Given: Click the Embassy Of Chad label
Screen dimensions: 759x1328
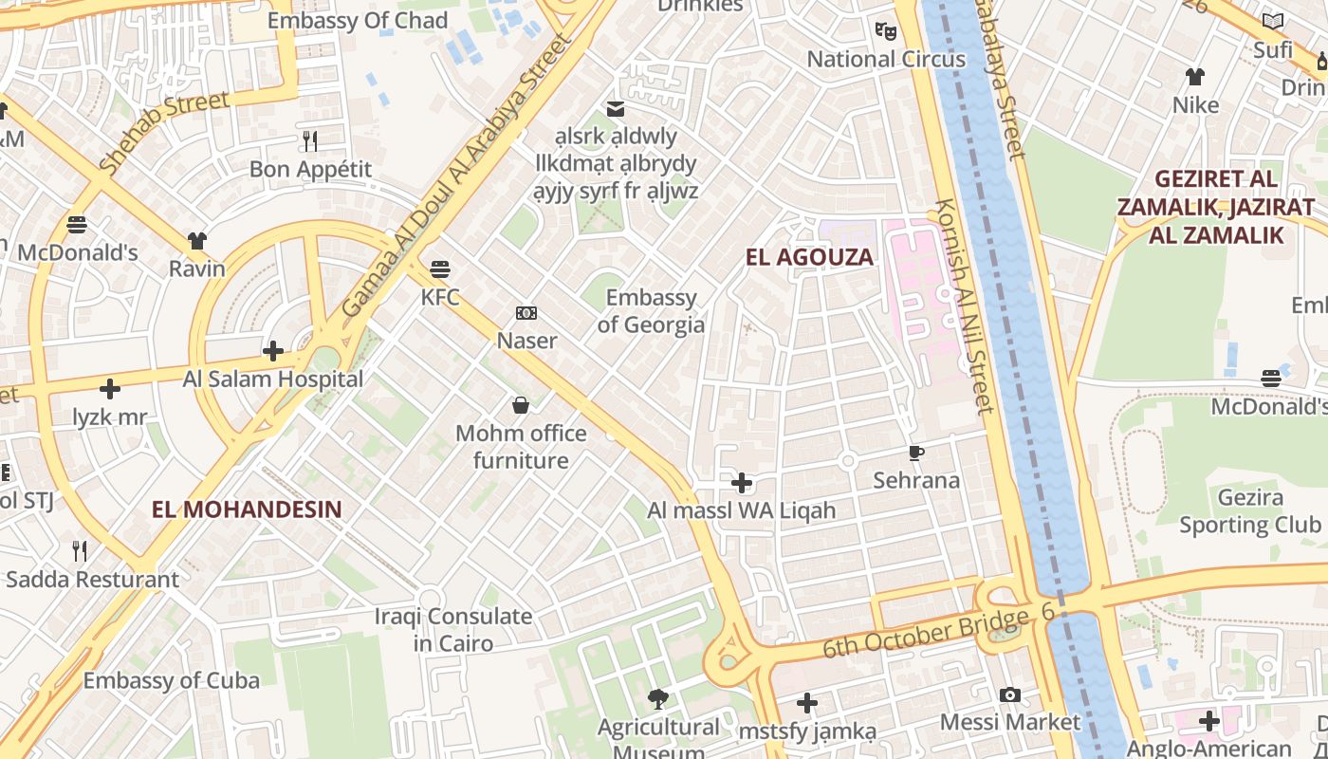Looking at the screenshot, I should click(x=358, y=21).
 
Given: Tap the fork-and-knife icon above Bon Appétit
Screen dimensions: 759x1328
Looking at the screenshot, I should click(x=310, y=141).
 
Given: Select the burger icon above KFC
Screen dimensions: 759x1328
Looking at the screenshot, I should click(x=440, y=269).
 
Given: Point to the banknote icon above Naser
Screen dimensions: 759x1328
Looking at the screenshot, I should click(x=526, y=313).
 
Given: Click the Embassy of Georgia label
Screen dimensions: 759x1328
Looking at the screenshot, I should click(x=651, y=311).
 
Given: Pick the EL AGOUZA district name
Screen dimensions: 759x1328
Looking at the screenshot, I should click(x=809, y=257).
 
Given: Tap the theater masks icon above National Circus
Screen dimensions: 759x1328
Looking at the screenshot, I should click(x=886, y=31).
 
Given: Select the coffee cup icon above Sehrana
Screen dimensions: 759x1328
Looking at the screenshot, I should click(x=916, y=453).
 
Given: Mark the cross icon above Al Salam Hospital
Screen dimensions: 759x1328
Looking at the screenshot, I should click(x=273, y=351).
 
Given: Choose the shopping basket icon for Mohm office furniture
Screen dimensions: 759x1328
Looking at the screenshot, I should click(x=521, y=406).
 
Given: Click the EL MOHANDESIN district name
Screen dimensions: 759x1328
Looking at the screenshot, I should click(x=247, y=509).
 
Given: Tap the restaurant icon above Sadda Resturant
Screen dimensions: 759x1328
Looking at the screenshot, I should click(x=81, y=550).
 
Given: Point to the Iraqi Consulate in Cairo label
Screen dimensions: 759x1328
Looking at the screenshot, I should click(x=453, y=630).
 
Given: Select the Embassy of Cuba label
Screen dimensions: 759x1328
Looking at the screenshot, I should click(x=171, y=680).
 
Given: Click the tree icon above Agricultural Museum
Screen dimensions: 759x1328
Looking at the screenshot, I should click(x=657, y=700).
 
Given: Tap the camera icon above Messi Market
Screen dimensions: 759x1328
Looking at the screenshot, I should click(x=1010, y=695).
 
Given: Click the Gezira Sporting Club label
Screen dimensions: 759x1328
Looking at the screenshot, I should click(x=1249, y=511).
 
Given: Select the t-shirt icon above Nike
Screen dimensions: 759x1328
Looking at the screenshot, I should click(x=1195, y=77).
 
